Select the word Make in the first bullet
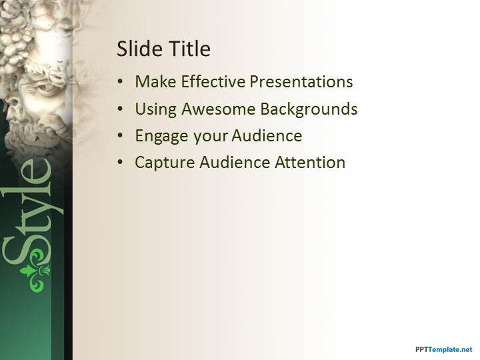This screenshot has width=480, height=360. point(156,82)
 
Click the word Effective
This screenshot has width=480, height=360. point(213,82)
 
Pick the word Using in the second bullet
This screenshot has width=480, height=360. point(155,109)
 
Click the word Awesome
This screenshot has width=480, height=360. point(217,109)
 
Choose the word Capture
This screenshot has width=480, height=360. point(163,163)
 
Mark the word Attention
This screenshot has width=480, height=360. point(311,162)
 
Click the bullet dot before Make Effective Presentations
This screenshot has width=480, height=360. point(120,83)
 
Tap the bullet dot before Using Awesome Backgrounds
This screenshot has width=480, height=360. point(120,109)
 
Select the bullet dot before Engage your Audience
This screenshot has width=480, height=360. point(120,136)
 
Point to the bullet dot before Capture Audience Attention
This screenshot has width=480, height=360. point(120,163)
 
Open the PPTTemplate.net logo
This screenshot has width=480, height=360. point(443,349)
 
